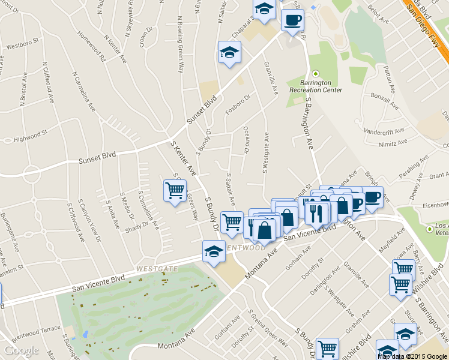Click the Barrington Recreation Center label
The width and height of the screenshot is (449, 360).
[x=315, y=86]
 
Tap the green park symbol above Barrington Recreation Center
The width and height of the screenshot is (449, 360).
[x=315, y=73]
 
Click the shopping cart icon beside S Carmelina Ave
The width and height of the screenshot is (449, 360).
[x=175, y=191]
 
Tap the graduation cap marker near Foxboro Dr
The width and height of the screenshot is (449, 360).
[x=229, y=52]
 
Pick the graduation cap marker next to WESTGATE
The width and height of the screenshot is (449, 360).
[x=214, y=251]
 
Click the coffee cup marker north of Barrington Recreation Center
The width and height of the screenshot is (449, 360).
[x=292, y=20]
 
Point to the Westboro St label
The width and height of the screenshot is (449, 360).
[x=22, y=44]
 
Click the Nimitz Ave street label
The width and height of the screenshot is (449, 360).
[x=393, y=143]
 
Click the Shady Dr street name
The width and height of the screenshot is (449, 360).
[x=137, y=225]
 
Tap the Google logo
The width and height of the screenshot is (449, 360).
[x=22, y=350]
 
